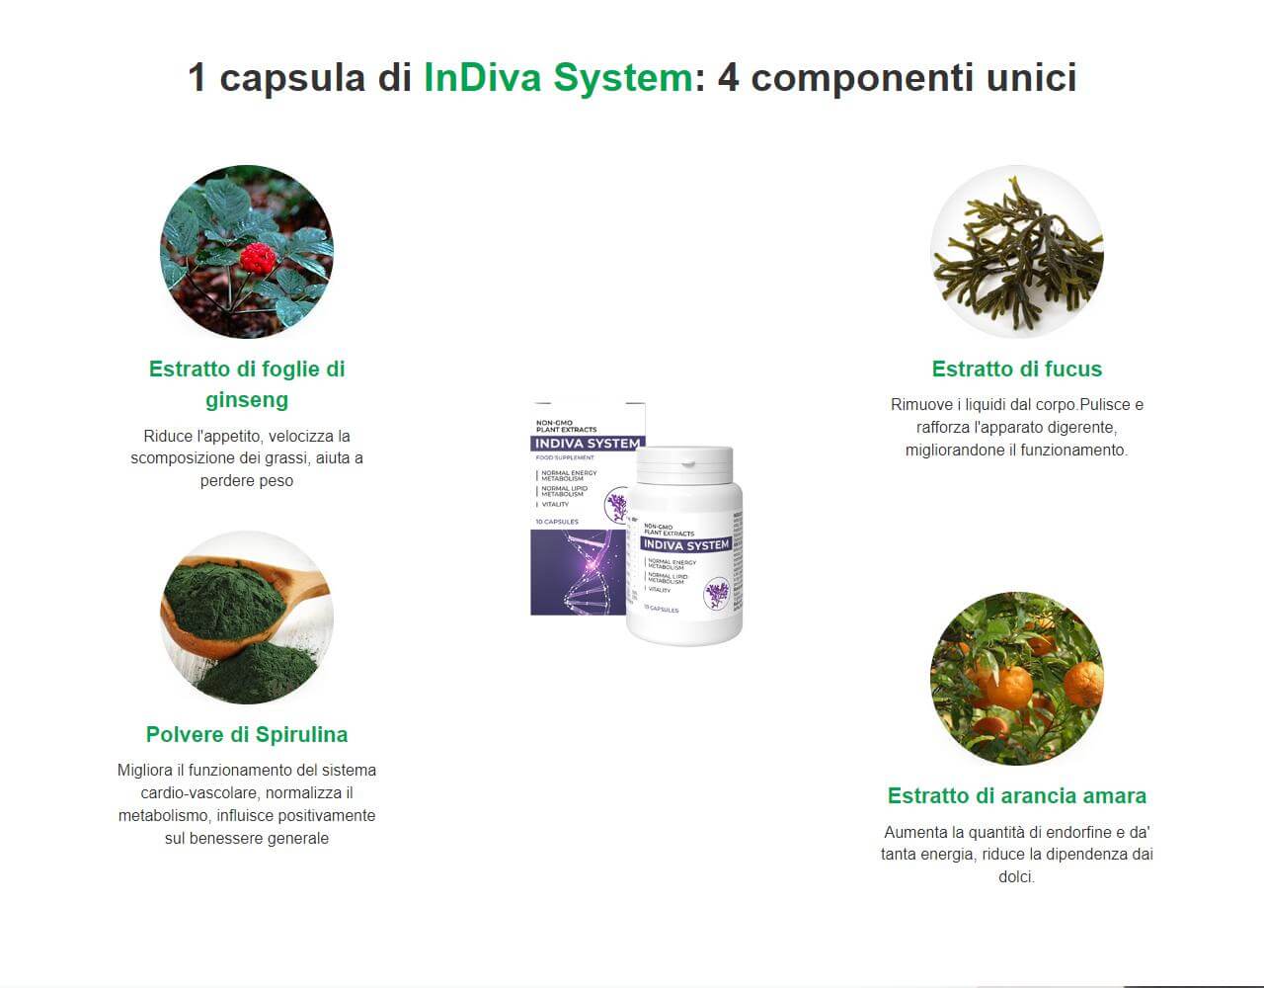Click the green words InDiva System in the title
click(558, 77)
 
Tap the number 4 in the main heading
click(728, 77)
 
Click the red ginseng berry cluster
click(258, 258)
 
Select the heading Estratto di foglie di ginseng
click(247, 383)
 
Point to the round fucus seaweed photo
click(1016, 251)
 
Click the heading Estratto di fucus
click(1016, 369)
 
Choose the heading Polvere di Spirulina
click(247, 734)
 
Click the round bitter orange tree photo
click(1016, 678)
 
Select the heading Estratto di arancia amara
click(1016, 795)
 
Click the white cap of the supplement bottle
click(683, 464)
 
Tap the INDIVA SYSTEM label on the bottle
click(685, 544)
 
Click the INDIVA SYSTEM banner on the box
click(587, 444)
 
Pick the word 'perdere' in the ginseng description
click(226, 481)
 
